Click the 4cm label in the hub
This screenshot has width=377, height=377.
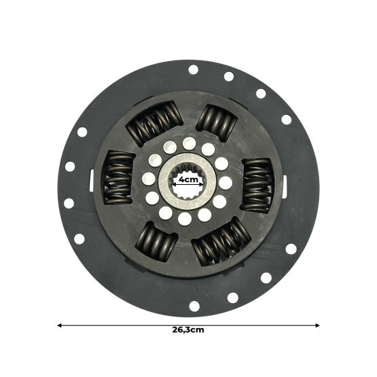(188, 180)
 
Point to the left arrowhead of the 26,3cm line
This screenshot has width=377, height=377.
(60, 325)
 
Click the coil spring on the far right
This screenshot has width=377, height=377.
(257, 185)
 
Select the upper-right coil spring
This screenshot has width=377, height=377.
(217, 122)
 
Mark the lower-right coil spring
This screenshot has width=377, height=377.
(221, 241)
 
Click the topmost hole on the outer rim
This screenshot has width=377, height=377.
(193, 69)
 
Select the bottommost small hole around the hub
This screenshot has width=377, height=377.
(185, 219)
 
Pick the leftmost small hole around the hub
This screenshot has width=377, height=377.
(149, 179)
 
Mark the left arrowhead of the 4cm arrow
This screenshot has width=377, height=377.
(174, 181)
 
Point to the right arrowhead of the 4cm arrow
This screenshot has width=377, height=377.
(202, 181)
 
